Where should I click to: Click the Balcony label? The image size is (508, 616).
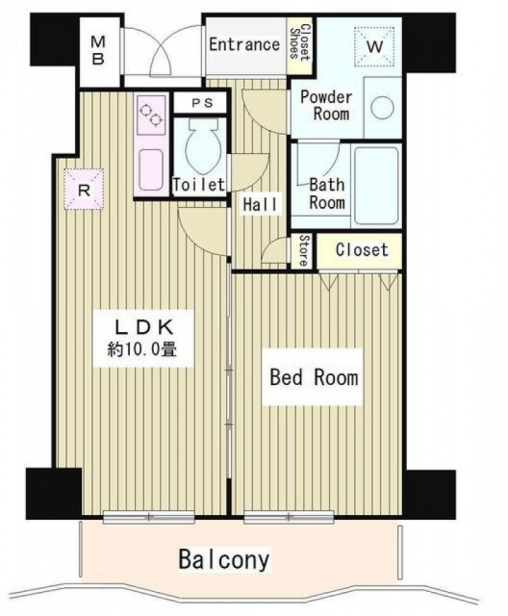click(x=224, y=559)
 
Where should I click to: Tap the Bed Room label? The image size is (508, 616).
click(x=314, y=377)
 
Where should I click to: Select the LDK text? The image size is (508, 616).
click(x=143, y=327)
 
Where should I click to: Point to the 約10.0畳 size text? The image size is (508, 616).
click(x=141, y=348)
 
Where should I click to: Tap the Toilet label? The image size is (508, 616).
click(x=199, y=184)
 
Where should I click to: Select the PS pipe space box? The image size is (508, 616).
click(x=200, y=103)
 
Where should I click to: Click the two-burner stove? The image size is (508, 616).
click(x=152, y=115)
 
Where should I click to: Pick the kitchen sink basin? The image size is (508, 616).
click(x=151, y=169)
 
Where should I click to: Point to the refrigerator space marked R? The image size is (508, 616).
click(x=84, y=190)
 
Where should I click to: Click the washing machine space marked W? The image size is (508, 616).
click(x=374, y=47)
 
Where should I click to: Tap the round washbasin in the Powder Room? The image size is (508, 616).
click(x=382, y=107)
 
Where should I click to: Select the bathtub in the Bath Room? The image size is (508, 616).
click(x=376, y=186)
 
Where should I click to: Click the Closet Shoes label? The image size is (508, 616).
click(x=299, y=42)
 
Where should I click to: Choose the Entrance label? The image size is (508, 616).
click(x=243, y=44)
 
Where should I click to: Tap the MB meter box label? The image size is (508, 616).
click(x=98, y=50)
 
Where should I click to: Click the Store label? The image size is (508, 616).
click(x=303, y=251)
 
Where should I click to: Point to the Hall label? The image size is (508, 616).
click(x=261, y=204)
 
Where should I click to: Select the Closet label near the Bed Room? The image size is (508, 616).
click(x=362, y=250)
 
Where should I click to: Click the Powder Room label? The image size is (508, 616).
click(x=325, y=105)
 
